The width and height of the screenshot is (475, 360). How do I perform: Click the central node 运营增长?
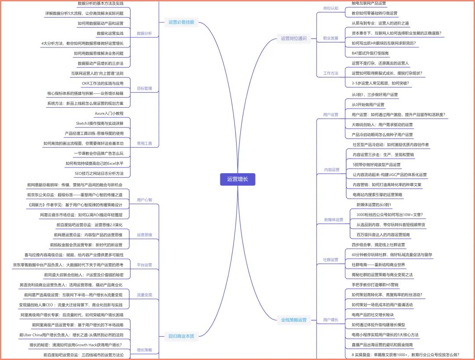237,179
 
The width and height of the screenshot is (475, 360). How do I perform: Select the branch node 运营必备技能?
181,22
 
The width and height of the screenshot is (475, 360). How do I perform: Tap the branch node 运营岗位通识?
294,38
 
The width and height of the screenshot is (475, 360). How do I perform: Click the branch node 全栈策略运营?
294,320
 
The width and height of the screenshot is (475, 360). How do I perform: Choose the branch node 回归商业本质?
181,336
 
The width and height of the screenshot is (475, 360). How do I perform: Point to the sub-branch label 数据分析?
144,33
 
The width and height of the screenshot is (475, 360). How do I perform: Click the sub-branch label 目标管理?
144,88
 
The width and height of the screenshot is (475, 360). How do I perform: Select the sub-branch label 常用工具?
144,143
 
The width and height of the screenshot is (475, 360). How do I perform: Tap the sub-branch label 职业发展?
331,38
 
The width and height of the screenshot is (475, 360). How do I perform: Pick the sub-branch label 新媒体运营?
333,220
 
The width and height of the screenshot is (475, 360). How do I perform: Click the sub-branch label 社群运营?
331,260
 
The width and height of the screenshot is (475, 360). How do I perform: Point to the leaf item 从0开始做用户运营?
368,105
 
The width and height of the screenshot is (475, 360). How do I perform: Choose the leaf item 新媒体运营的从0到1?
373,205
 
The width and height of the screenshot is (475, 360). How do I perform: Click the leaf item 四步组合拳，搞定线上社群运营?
378,245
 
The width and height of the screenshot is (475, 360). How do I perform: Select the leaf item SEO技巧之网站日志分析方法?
99,174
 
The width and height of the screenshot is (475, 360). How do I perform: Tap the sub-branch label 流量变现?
144,295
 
